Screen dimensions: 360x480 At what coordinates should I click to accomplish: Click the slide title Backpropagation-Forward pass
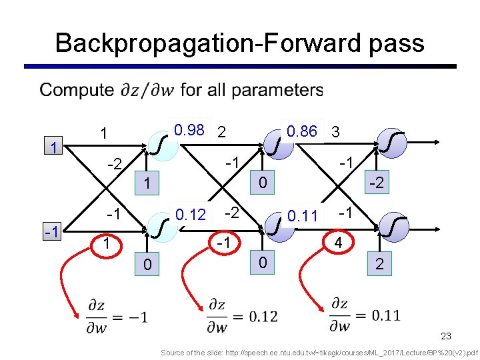pos(239,43)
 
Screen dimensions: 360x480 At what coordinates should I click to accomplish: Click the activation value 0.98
pos(188,130)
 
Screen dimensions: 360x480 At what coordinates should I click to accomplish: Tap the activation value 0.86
pos(301,131)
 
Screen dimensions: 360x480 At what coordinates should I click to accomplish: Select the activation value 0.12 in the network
pos(189,215)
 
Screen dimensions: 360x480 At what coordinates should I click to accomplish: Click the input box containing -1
pos(51,233)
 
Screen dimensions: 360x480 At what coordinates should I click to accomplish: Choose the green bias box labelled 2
pos(379,265)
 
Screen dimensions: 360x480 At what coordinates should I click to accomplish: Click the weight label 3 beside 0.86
pos(336,132)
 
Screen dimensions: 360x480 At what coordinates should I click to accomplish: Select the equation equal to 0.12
pos(242,315)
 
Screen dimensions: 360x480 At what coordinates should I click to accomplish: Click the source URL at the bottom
pos(319,352)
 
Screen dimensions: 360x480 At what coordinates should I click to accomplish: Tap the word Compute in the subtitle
pos(77,90)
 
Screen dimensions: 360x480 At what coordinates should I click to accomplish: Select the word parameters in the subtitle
pos(279,90)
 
